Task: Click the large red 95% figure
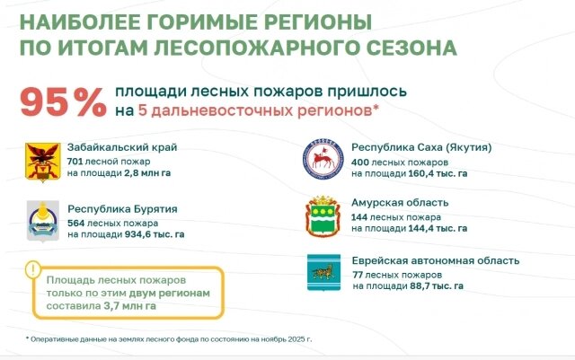[63, 102]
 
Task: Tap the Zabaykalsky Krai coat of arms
[42, 162]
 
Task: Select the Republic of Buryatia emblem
[43, 221]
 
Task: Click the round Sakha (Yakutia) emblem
[323, 159]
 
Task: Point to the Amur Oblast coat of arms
[323, 216]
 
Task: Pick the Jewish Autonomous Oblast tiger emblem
[323, 272]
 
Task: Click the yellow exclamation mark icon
[33, 270]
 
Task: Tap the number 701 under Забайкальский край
[75, 162]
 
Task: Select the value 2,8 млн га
[147, 173]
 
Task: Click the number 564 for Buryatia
[75, 223]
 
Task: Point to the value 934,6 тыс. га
[155, 234]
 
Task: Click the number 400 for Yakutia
[359, 162]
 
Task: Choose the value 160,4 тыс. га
[438, 173]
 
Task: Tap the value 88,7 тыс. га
[437, 286]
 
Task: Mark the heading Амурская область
[400, 203]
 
